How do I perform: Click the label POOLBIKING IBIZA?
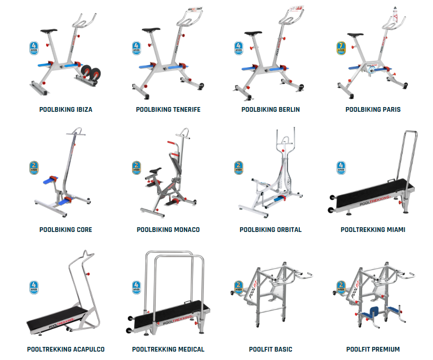[66, 110]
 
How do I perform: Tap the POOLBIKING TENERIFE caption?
[168, 110]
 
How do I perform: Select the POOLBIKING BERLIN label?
[270, 110]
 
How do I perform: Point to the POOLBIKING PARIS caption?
[373, 110]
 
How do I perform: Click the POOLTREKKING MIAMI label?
[373, 229]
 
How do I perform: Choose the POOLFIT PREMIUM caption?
[373, 349]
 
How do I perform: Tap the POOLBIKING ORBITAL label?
[270, 229]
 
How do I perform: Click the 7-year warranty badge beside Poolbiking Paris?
[341, 48]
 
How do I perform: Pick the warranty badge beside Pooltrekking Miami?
[341, 168]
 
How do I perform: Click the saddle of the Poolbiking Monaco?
[156, 171]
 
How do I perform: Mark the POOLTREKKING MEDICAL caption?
[168, 349]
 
